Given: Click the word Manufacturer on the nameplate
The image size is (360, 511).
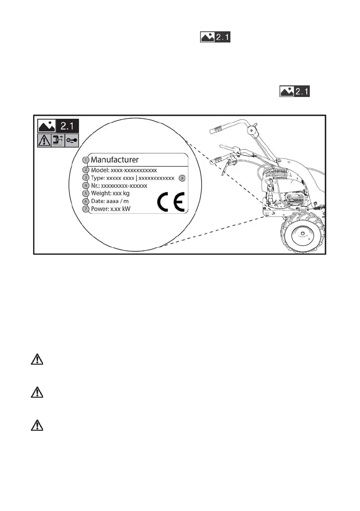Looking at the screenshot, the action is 115,160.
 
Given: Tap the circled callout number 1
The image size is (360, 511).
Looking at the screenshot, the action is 85,160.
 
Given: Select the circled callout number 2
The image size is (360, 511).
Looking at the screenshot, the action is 85,170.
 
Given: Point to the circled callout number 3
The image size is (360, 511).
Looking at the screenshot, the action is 85,178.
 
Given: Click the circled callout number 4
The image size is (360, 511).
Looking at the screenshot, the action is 85,185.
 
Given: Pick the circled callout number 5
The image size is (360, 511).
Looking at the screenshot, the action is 85,194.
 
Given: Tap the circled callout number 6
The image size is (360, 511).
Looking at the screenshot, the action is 85,201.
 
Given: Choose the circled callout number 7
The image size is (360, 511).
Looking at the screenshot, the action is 85,209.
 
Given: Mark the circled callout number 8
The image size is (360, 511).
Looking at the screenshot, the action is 182,178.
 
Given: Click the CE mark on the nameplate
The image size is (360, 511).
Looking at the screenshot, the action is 170,203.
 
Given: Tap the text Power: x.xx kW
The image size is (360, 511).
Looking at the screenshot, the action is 111,209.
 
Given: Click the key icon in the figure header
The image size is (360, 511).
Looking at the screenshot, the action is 71,140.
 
